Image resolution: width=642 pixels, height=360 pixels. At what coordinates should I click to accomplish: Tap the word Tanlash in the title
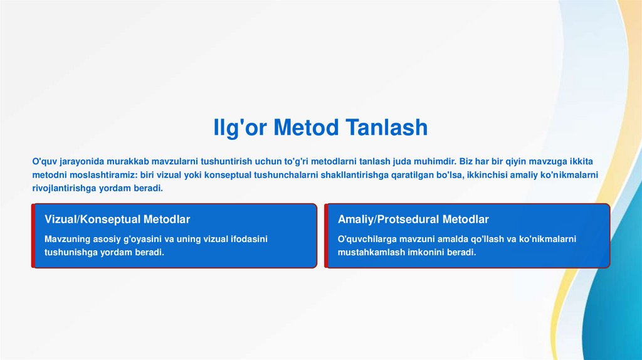[x=387, y=127]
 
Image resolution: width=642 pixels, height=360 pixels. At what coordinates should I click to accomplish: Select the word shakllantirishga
[x=355, y=175]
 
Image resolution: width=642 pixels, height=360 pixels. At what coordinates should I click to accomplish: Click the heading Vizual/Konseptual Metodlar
[x=117, y=219]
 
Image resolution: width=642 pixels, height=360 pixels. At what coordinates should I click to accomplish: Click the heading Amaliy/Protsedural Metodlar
[x=413, y=219]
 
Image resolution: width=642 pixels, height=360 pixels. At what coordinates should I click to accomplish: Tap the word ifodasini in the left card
[x=249, y=239]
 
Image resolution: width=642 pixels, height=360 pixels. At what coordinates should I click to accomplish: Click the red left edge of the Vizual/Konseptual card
[x=33, y=236]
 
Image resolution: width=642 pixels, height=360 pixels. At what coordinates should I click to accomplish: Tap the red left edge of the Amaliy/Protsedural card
[x=326, y=236]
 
